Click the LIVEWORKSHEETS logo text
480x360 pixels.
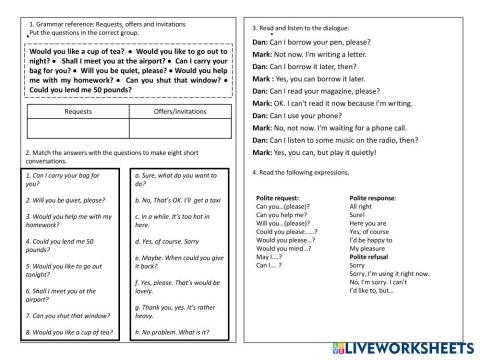410,345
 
